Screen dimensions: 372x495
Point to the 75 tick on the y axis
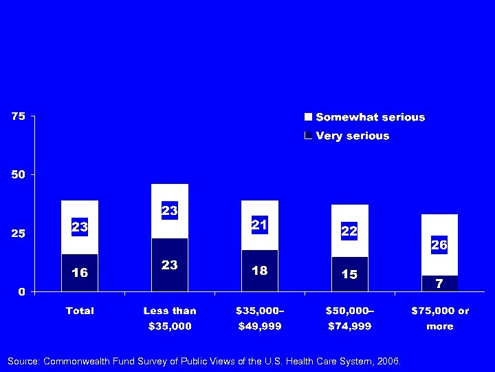coord(18,116)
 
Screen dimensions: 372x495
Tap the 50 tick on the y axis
coord(18,175)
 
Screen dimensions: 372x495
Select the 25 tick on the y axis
coord(18,234)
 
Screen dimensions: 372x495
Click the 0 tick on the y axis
coord(21,291)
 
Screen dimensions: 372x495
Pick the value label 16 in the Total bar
coord(80,273)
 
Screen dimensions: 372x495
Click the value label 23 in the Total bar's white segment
coord(80,227)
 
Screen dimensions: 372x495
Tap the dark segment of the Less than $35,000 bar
coord(170,265)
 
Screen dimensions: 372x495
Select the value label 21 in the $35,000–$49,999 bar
coord(259,225)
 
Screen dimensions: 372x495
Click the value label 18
coord(259,271)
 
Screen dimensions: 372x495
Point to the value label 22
coord(349,231)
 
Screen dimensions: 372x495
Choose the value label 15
coord(349,274)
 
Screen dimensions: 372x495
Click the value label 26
coord(439,245)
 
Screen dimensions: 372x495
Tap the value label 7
coord(439,283)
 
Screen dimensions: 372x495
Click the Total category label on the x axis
coord(80,311)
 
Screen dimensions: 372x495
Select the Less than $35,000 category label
coord(170,318)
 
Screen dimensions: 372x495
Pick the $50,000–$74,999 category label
coord(349,318)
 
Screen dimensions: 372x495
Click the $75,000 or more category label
coord(439,318)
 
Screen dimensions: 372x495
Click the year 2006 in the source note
coord(388,361)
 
